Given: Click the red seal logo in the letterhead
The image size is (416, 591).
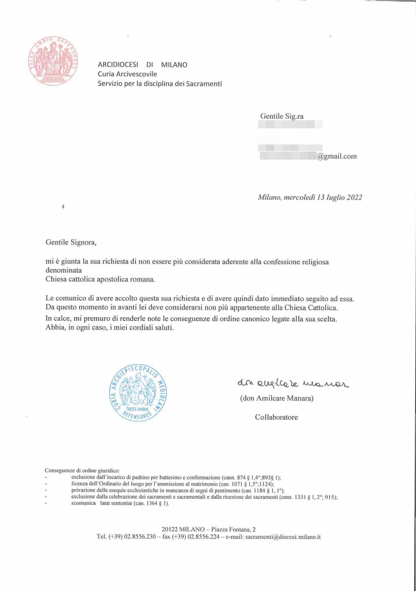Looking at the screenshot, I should click(54, 61).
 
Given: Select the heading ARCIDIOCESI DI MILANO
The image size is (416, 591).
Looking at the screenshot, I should click(142, 65).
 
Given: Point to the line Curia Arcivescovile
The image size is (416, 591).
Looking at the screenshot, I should click(127, 74).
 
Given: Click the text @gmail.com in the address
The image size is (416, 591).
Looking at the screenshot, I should click(337, 156).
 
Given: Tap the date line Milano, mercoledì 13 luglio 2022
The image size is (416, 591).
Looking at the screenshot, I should click(309, 198).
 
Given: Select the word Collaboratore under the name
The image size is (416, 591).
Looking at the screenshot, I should click(276, 417).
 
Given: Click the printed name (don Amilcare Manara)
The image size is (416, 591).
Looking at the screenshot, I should click(277, 399).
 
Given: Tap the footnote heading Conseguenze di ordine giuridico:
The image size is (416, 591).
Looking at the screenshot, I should click(82, 470).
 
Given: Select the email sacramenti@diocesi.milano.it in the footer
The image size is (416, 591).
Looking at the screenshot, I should click(283, 537).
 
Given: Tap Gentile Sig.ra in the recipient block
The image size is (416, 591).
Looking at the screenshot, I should click(282, 117).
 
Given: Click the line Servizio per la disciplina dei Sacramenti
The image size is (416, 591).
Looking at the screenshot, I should click(160, 84).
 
